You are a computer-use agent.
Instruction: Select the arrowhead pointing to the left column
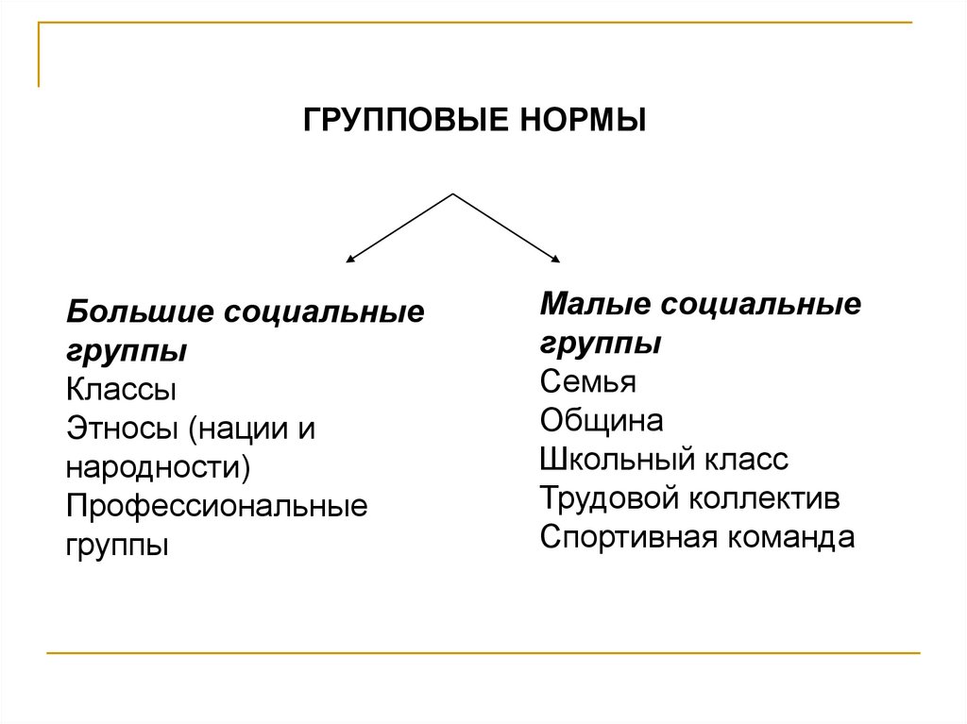(x=350, y=258)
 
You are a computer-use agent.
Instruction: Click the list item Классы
(x=121, y=390)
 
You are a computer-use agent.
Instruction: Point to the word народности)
(x=159, y=467)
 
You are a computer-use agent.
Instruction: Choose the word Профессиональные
(x=216, y=507)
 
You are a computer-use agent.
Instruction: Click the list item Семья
(x=588, y=382)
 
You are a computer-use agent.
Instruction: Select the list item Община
(x=602, y=421)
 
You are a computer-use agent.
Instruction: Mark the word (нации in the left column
(x=235, y=429)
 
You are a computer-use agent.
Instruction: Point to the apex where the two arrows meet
(x=454, y=194)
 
